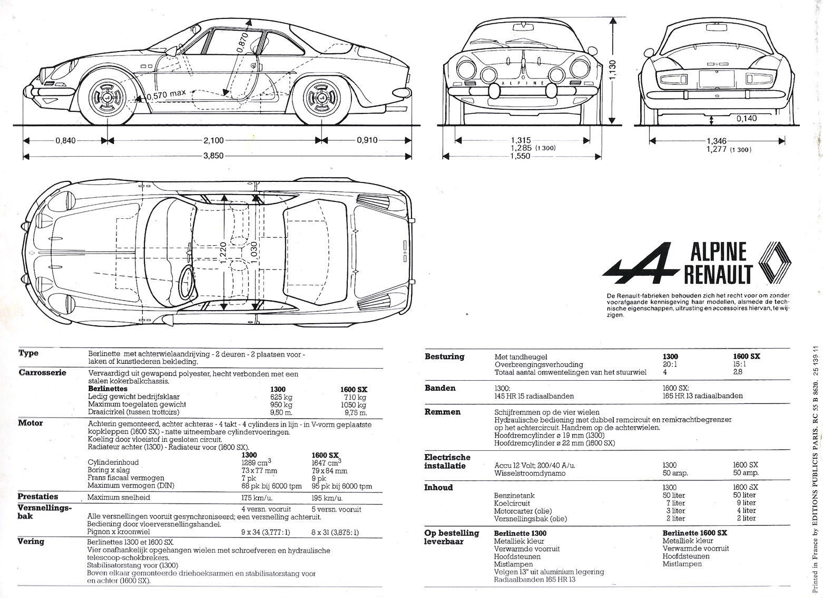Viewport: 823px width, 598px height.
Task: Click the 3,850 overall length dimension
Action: tap(213, 156)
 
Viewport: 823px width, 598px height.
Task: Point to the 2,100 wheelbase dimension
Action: tap(213, 140)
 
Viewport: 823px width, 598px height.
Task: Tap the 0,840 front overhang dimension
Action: tap(65, 140)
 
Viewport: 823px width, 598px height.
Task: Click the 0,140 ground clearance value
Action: tap(747, 119)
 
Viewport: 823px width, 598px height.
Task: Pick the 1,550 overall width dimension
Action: tap(521, 156)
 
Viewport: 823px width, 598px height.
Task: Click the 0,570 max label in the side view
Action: tap(166, 94)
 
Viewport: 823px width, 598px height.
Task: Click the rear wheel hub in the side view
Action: tap(321, 99)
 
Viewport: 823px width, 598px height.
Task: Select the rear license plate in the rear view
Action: tap(717, 79)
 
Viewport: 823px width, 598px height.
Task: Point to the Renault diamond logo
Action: tap(774, 262)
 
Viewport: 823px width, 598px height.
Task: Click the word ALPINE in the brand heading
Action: tap(719, 252)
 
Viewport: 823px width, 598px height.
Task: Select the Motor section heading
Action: tap(31, 423)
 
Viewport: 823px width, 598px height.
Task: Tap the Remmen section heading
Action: tap(443, 412)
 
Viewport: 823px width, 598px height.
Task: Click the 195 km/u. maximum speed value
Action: tap(327, 498)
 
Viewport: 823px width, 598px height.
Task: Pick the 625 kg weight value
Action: tap(281, 397)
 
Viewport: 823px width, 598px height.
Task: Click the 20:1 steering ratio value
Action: tap(670, 364)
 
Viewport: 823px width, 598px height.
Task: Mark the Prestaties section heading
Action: tap(38, 497)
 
